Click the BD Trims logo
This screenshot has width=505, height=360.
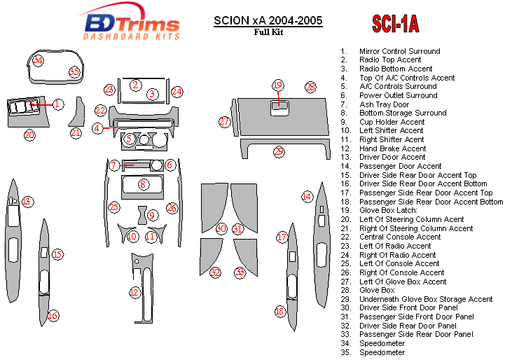pyautogui.click(x=132, y=25)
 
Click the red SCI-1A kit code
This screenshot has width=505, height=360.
pyautogui.click(x=395, y=25)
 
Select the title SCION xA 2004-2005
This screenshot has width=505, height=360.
pyautogui.click(x=268, y=20)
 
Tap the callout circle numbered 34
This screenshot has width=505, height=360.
pyautogui.click(x=39, y=60)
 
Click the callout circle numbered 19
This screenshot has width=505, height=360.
pyautogui.click(x=277, y=85)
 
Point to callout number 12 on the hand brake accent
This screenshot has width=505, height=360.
pyautogui.click(x=134, y=291)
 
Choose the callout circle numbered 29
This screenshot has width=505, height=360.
pyautogui.click(x=279, y=151)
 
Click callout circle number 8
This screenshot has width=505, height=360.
pyautogui.click(x=143, y=184)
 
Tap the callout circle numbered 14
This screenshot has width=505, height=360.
pyautogui.click(x=307, y=197)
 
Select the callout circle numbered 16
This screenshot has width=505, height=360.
pyautogui.click(x=53, y=316)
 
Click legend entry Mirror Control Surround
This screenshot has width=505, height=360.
pyautogui.click(x=399, y=51)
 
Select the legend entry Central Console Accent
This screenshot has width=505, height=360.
pyautogui.click(x=400, y=237)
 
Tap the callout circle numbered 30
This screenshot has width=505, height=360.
pyautogui.click(x=221, y=228)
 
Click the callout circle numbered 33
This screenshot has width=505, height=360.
pyautogui.click(x=240, y=272)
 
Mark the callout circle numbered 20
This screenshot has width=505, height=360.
pyautogui.click(x=29, y=134)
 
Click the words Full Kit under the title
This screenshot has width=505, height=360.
pyautogui.click(x=268, y=32)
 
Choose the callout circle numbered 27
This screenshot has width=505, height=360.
pyautogui.click(x=224, y=122)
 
